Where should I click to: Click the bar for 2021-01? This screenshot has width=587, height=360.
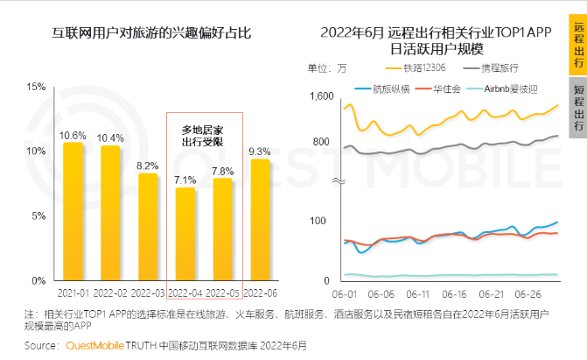tap(73, 211)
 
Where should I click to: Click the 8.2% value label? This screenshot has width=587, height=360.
tap(148, 165)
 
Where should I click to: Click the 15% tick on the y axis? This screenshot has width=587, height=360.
tap(35, 87)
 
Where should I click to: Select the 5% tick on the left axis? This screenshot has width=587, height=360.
tap(38, 215)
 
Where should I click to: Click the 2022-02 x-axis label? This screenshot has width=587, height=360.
tap(110, 292)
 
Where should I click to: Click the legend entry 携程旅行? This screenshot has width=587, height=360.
tap(500, 67)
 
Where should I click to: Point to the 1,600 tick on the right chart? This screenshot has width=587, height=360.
tap(322, 95)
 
